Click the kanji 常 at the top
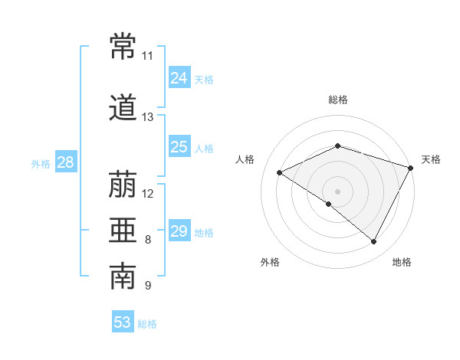pos(123,46)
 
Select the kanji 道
pos(123,107)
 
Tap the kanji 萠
pos(123,184)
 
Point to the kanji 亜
pos(123,230)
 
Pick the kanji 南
pos(123,276)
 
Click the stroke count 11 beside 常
pos(147,56)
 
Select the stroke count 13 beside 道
pos(147,117)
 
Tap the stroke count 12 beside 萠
pos(147,194)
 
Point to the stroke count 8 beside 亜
pos(148,240)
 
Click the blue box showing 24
pos(179,77)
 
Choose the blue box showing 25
pos(179,146)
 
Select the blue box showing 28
pos(66,162)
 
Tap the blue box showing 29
pos(179,230)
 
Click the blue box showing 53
pos(123,321)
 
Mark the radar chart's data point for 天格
pos(410,168)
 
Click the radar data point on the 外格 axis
pos(329,204)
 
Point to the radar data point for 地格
pos(373,241)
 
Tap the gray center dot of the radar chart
pos(337,191)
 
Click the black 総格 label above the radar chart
pos(338,100)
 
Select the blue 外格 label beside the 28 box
pos(41,164)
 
